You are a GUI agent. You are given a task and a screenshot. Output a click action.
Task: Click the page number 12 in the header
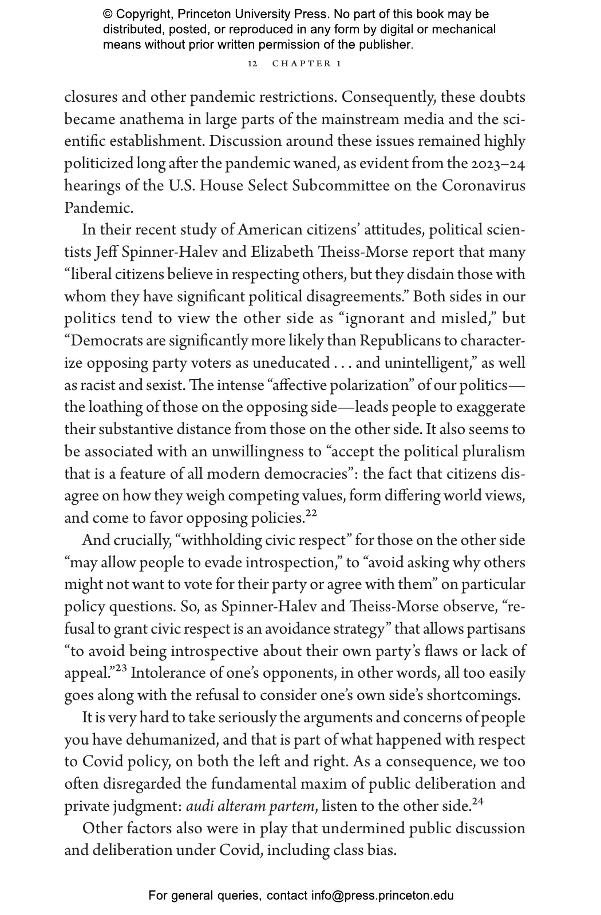(252, 63)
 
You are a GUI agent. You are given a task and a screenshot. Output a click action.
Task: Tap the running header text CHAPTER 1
(307, 63)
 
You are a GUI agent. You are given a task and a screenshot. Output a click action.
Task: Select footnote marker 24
(478, 801)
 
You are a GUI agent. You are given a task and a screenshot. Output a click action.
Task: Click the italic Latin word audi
(198, 806)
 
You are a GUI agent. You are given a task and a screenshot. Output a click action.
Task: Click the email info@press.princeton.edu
(382, 896)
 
